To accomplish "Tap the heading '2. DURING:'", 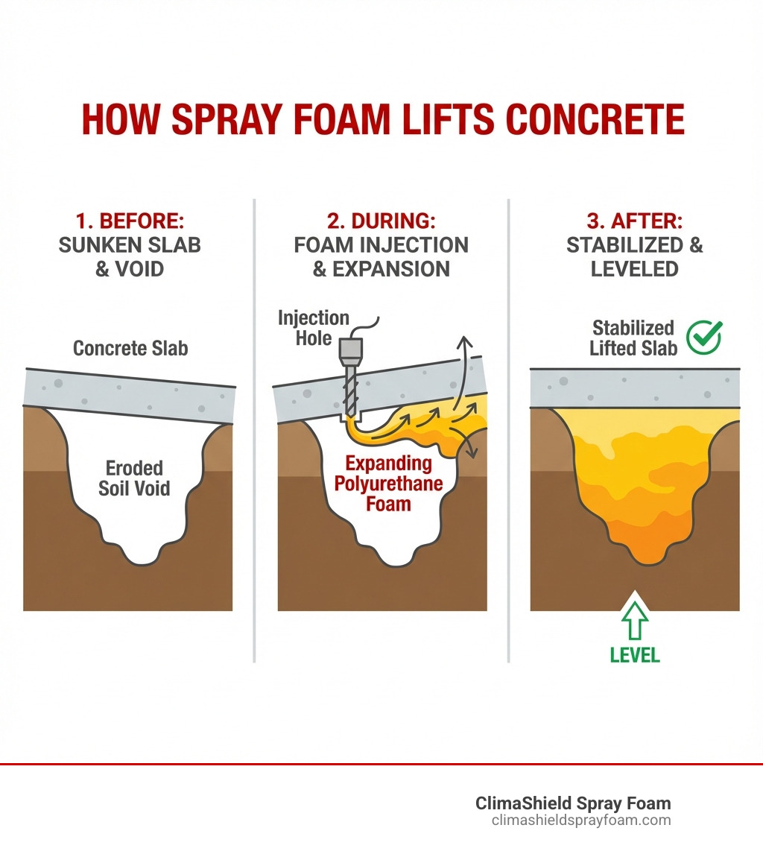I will click(381, 221).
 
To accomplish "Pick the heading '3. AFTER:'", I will click(635, 221).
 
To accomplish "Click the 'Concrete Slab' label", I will click(130, 348).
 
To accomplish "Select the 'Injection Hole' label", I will click(314, 328).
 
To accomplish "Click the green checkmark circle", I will click(703, 338).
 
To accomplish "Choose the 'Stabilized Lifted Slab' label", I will click(633, 338).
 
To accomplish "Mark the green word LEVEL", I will click(635, 655).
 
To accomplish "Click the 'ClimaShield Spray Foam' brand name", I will click(573, 803).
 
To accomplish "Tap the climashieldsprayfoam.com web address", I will click(581, 821).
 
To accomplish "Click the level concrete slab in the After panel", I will click(635, 388).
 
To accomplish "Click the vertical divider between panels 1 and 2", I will click(254, 432).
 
